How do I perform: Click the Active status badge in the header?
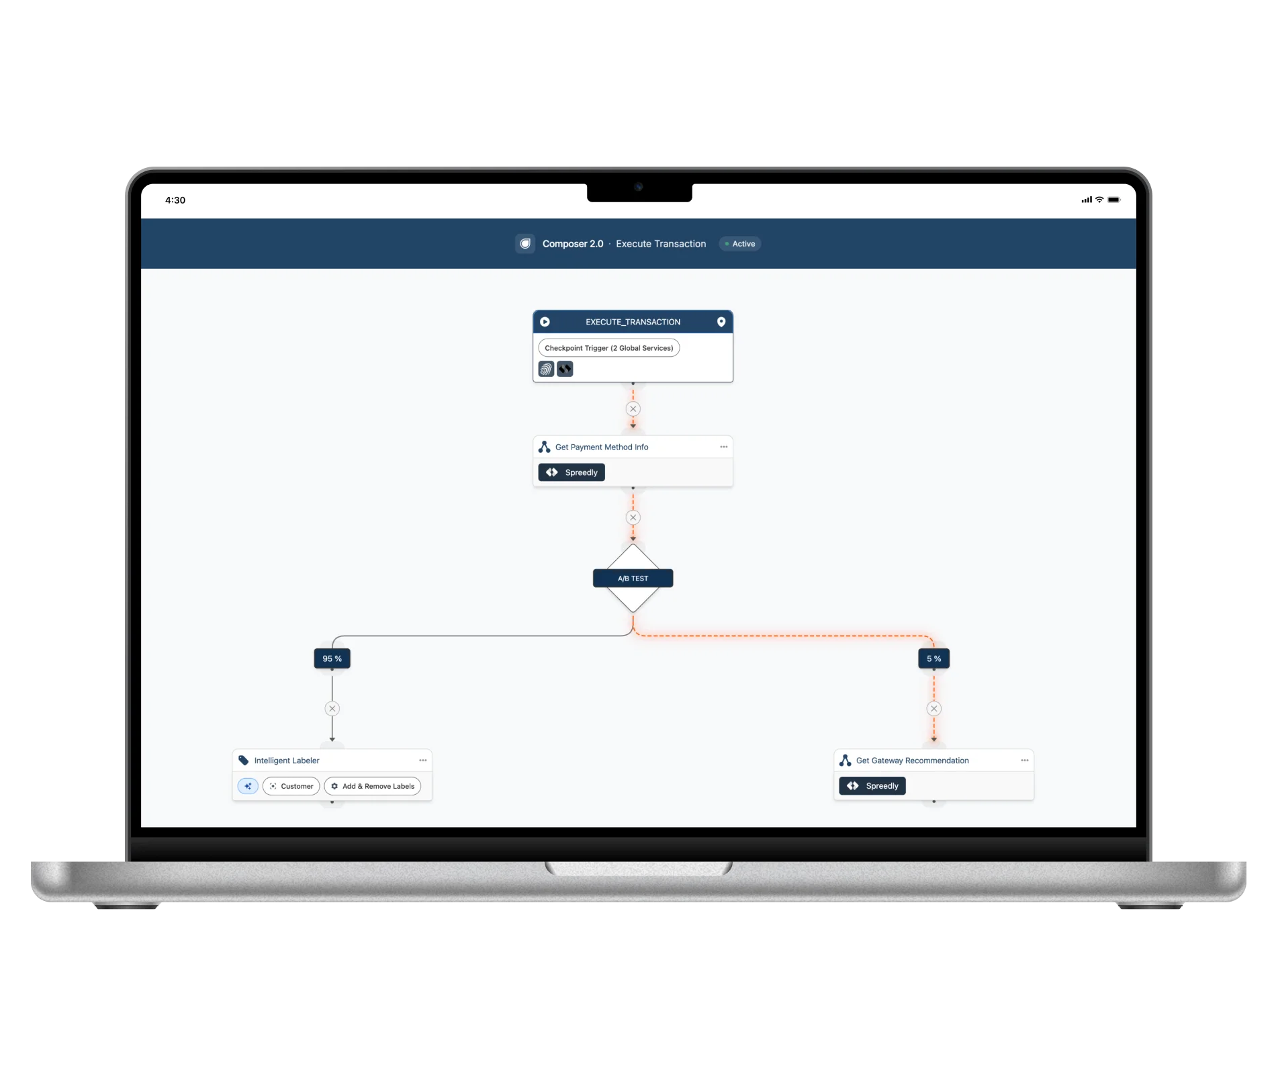[740, 244]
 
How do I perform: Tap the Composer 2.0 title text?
[573, 244]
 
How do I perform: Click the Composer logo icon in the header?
[525, 244]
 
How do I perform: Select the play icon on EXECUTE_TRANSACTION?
[545, 322]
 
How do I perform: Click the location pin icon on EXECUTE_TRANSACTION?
[721, 322]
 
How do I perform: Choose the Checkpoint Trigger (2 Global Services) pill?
[608, 348]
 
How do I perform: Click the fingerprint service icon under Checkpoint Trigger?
[546, 369]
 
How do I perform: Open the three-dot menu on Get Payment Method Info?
[723, 447]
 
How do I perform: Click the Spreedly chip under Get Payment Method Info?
[572, 472]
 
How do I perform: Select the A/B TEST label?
[633, 578]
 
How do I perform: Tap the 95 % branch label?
[332, 658]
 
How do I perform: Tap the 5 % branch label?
[933, 658]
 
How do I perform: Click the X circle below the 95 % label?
[332, 708]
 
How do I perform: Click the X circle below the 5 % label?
[933, 708]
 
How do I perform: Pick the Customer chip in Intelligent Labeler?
[291, 786]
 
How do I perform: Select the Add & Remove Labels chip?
[373, 786]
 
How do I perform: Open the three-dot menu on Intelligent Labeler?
[422, 761]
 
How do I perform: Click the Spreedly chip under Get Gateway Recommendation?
[872, 786]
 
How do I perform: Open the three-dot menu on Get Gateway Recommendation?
[1024, 761]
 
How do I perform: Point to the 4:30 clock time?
[175, 200]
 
